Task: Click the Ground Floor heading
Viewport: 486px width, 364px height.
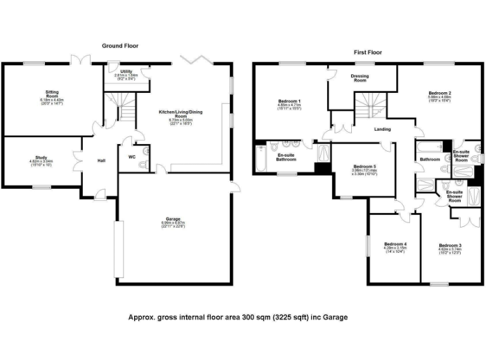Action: [x=120, y=45]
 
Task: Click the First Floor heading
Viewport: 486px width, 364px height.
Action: [x=368, y=52]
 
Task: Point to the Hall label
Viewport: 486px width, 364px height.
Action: [x=101, y=161]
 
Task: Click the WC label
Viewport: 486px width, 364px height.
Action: [x=132, y=156]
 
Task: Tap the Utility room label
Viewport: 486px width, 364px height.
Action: [x=126, y=71]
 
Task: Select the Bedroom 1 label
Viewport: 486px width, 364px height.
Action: [x=289, y=101]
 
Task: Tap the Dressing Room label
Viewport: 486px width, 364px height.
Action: [x=359, y=78]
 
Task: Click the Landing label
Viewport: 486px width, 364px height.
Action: [x=382, y=129]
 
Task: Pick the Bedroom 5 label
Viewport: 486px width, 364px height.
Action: [x=364, y=167]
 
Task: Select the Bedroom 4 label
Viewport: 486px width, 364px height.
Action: [x=395, y=244]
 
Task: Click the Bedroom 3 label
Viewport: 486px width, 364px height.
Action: [x=450, y=245]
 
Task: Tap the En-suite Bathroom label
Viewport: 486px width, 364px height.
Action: [x=290, y=157]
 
